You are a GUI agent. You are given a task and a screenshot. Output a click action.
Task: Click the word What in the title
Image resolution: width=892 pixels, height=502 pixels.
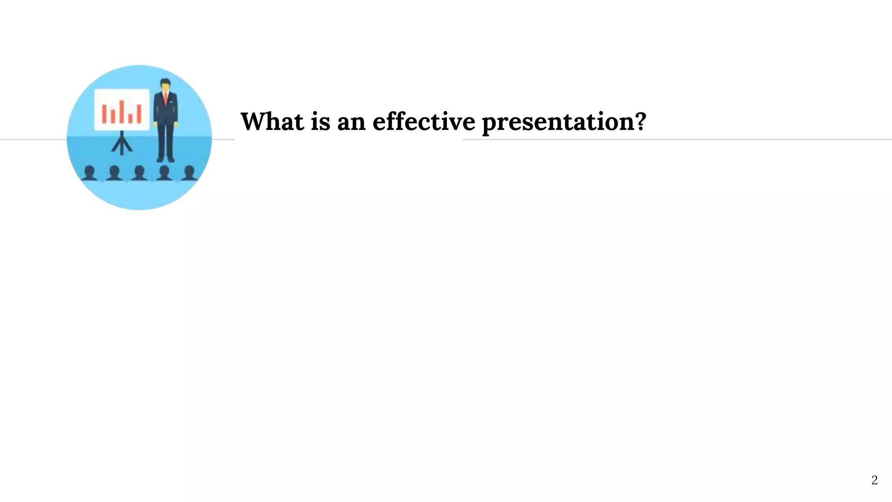(272, 122)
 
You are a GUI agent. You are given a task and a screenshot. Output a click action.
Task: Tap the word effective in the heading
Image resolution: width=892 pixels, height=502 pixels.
(423, 122)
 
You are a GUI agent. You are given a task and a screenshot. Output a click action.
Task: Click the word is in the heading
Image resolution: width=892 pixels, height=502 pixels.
(320, 122)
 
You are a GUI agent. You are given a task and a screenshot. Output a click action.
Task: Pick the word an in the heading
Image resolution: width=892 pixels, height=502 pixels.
(351, 123)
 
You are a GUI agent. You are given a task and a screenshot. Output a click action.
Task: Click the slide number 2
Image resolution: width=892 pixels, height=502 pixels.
(874, 480)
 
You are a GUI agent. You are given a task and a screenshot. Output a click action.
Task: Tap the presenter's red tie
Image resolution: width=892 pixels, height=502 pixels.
(166, 98)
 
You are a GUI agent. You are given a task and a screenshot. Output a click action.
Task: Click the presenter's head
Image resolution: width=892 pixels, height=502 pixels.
(165, 85)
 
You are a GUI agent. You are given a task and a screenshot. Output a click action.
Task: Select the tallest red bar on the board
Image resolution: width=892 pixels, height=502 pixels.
(122, 112)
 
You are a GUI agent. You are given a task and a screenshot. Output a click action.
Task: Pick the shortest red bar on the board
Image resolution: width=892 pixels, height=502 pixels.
(130, 118)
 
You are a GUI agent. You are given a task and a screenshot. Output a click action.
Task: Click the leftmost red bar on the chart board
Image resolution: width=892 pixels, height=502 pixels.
(105, 114)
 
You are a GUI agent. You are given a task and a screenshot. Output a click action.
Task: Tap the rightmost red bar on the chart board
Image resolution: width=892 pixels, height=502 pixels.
(139, 114)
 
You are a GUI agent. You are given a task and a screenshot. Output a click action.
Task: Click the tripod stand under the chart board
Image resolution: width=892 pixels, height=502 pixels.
(122, 144)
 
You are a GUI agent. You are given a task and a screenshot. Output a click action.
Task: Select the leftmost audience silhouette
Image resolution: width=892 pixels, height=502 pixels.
(90, 173)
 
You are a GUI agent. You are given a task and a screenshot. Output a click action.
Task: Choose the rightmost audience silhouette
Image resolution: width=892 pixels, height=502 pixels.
(189, 173)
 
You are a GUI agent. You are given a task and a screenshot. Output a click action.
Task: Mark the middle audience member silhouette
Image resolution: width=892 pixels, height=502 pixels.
(139, 173)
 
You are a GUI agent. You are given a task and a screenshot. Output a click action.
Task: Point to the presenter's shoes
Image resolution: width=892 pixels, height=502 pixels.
(166, 159)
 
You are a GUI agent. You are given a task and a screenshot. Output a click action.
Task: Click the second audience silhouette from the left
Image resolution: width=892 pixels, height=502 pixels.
(115, 173)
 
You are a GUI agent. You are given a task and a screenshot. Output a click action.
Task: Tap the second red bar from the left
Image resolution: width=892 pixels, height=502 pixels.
(113, 116)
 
